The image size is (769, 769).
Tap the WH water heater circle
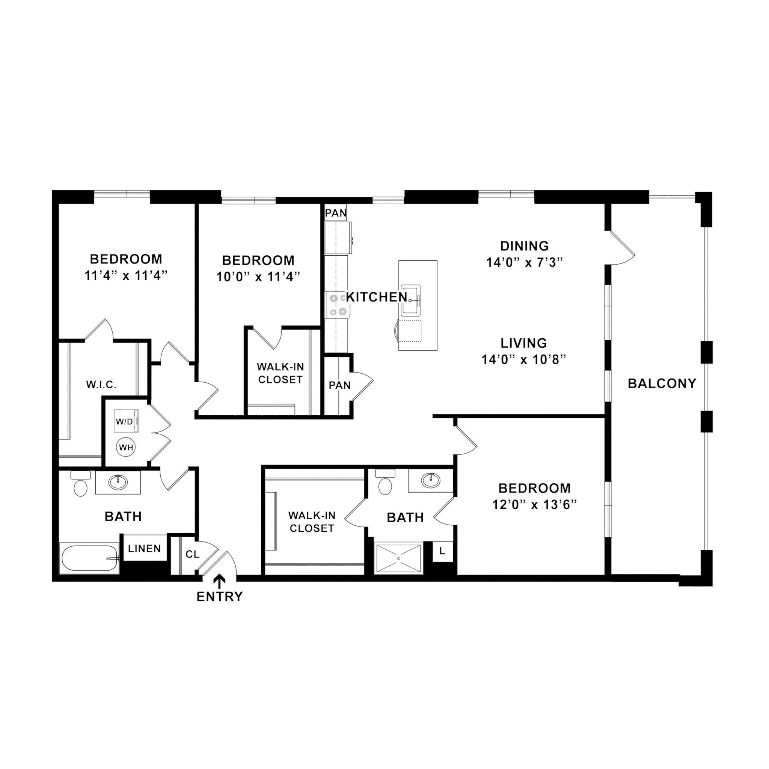[126, 447]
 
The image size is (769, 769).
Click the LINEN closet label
[145, 549]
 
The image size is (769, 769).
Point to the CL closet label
[193, 554]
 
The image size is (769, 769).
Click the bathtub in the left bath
[89, 558]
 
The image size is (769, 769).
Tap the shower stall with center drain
[398, 558]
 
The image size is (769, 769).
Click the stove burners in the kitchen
[337, 305]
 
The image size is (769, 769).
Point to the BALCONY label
[662, 383]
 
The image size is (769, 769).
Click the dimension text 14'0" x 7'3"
[524, 263]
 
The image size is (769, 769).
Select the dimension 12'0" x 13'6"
[534, 505]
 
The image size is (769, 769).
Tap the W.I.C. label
[101, 384]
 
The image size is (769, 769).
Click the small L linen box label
[442, 551]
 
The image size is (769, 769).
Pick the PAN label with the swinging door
[339, 385]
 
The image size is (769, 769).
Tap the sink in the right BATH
[430, 480]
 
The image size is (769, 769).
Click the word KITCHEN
[376, 297]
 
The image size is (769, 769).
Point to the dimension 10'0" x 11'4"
[258, 277]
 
